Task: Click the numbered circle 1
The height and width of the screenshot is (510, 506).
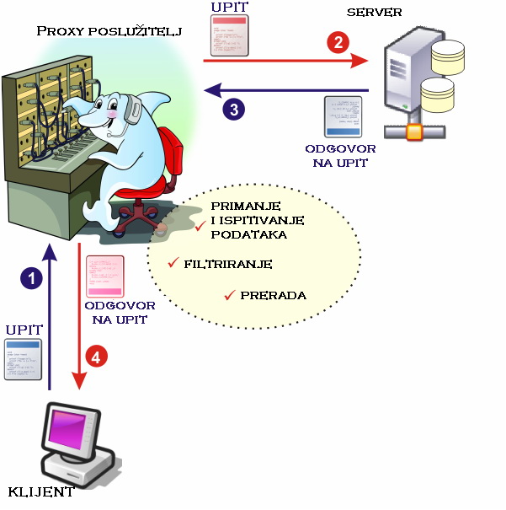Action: [32, 278]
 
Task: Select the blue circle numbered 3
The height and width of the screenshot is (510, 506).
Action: [234, 108]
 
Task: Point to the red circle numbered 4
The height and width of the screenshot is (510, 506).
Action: [98, 357]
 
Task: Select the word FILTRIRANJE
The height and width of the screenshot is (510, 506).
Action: [227, 264]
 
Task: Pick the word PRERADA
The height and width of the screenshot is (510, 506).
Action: [273, 296]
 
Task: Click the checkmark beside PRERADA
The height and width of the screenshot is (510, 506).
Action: [228, 295]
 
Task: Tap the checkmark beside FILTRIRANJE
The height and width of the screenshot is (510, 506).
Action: [173, 262]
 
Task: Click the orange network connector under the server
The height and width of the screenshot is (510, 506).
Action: [413, 132]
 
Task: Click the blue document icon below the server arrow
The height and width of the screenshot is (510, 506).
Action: [344, 117]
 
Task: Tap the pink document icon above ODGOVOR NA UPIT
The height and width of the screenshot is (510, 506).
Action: [104, 276]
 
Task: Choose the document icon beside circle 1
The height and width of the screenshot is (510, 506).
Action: [22, 358]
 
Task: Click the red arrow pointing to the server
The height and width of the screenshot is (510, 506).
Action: [286, 60]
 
